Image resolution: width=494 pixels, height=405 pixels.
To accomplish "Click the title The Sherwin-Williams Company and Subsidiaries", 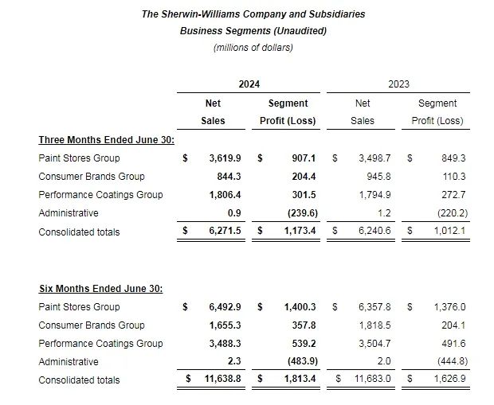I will pyautogui.click(x=253, y=14).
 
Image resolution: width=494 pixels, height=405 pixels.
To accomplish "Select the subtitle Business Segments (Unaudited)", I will pyautogui.click(x=253, y=31).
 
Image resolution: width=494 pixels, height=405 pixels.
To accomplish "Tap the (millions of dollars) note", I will pyautogui.click(x=253, y=48).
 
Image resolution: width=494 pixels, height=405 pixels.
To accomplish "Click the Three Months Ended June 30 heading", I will pyautogui.click(x=100, y=140).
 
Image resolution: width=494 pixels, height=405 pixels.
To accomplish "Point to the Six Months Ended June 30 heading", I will pyautogui.click(x=100, y=288).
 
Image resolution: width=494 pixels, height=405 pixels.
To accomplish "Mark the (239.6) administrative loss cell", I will pyautogui.click(x=300, y=213).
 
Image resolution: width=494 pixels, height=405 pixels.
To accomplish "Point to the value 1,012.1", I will pyautogui.click(x=449, y=232).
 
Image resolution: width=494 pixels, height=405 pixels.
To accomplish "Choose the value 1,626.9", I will pyautogui.click(x=449, y=380).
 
